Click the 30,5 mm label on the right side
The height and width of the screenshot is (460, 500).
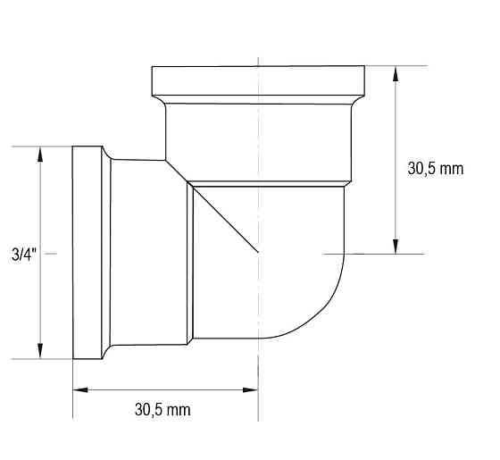coord(436,169)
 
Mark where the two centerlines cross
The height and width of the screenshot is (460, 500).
coord(258,254)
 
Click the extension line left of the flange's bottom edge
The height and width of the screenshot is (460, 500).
coord(40,359)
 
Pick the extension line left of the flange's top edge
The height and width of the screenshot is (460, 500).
coord(40,146)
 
